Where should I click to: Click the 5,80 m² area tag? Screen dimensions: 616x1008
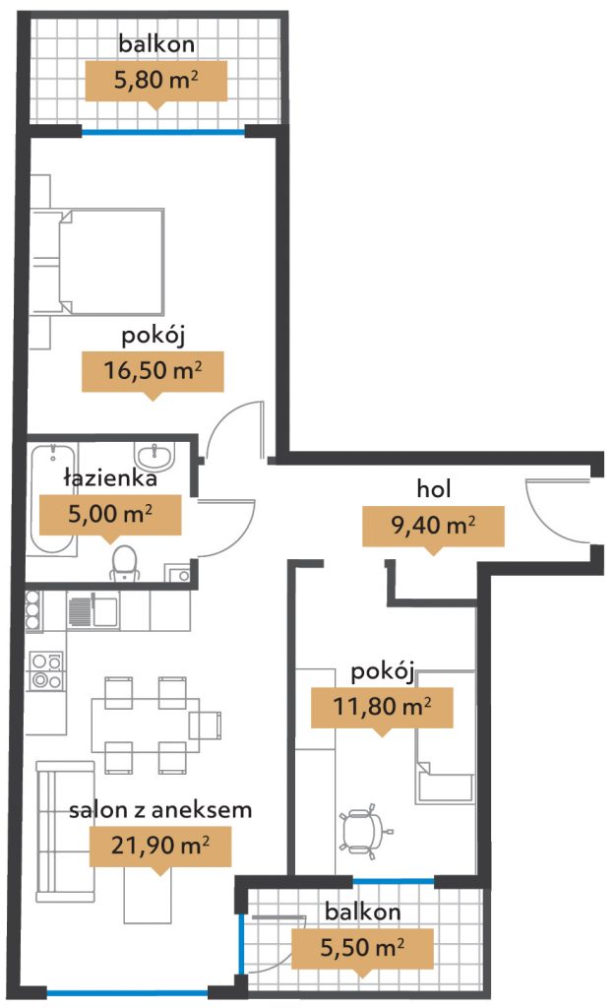click(x=156, y=81)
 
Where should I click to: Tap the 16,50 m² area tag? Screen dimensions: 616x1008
click(x=153, y=371)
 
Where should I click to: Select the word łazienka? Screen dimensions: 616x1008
click(x=110, y=478)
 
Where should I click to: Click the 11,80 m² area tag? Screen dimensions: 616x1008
click(x=382, y=707)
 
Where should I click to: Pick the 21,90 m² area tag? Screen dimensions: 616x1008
click(x=160, y=846)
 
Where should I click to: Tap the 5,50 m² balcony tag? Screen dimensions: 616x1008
click(x=362, y=948)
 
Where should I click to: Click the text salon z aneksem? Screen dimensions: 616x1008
click(x=160, y=810)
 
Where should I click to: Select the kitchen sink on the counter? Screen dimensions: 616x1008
click(x=92, y=610)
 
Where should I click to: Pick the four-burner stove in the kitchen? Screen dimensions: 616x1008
click(x=47, y=670)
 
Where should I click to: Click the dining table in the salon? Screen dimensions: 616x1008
click(x=146, y=725)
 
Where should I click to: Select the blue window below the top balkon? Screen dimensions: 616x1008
click(x=163, y=132)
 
